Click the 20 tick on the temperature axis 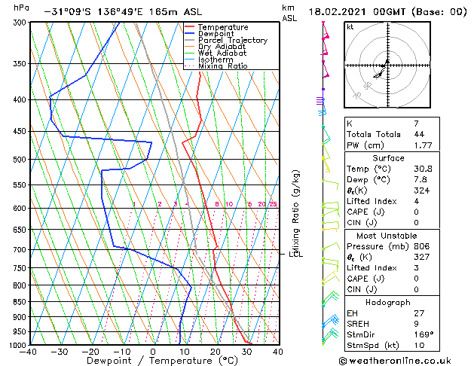[x=215, y=352]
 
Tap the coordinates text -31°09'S [x=65, y=12]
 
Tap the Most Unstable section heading [x=388, y=235]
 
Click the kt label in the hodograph [x=350, y=27]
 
